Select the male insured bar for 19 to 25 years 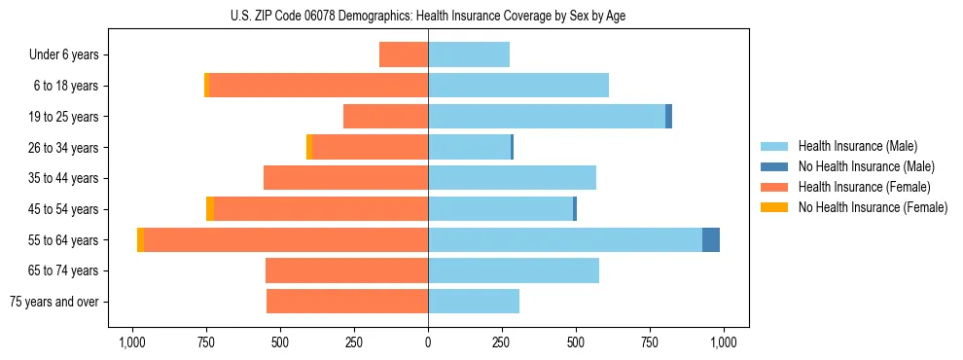point(547,117)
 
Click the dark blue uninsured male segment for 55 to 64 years point(711,240)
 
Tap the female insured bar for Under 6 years point(404,54)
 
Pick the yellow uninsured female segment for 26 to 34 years point(309,147)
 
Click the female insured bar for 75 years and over point(347,302)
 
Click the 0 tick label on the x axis point(428,342)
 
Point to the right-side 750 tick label point(650,342)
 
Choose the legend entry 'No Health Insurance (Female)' point(873,207)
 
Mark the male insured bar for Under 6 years point(469,54)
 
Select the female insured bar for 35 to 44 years point(346,178)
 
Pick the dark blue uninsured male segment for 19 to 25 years point(669,117)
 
